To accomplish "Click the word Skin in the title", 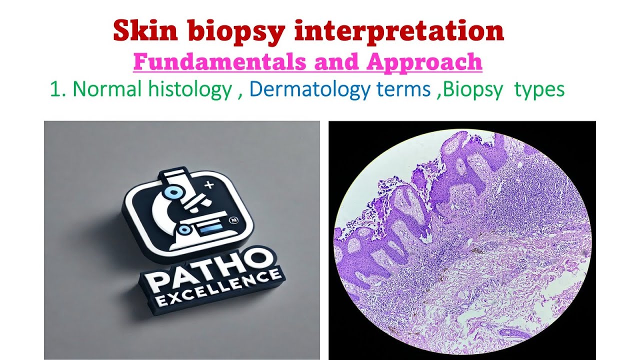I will coord(145,31).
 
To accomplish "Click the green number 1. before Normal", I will coord(58,90).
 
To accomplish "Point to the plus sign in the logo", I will coord(209,185).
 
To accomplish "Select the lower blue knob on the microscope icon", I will coord(183,229).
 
